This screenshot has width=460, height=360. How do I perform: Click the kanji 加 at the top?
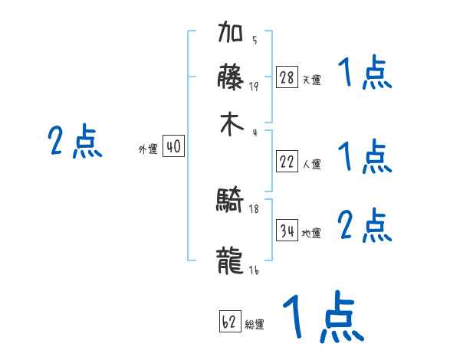(231, 35)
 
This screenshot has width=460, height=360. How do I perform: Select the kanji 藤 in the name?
(231, 78)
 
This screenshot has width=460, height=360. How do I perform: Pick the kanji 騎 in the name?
(231, 201)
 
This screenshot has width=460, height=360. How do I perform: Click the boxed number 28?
(287, 77)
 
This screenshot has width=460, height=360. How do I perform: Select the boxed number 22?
(287, 162)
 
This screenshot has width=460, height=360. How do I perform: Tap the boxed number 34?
(287, 231)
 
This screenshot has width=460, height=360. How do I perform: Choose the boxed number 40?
(174, 146)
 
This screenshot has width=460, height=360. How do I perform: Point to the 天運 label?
(311, 80)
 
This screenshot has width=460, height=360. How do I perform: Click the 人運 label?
(311, 164)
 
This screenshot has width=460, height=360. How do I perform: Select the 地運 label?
(311, 233)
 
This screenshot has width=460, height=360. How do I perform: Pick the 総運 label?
(255, 325)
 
